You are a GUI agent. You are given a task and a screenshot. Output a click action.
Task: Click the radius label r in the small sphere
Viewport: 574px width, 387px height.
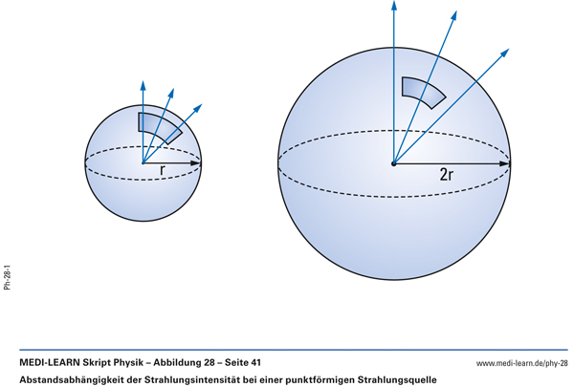163,170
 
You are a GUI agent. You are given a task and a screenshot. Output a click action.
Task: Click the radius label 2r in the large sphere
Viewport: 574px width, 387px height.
446,175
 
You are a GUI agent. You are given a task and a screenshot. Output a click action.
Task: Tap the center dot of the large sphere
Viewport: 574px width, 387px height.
394,163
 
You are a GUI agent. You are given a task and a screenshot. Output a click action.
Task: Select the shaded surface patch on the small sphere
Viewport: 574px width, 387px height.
160,128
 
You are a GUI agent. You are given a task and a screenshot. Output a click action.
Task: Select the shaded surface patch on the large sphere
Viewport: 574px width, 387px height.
424,93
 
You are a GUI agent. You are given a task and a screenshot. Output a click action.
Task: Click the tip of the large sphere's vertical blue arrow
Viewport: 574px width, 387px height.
394,1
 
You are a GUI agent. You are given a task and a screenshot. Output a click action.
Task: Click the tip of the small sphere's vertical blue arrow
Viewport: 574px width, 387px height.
143,80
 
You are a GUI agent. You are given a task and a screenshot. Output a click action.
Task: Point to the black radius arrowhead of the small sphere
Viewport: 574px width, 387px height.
196,162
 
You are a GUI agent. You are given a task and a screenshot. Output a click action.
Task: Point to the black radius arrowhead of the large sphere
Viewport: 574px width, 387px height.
505,163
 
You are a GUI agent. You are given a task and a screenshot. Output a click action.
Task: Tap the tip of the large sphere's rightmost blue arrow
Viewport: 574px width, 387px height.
509,49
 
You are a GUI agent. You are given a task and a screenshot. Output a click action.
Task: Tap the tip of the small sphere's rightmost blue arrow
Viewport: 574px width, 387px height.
202,104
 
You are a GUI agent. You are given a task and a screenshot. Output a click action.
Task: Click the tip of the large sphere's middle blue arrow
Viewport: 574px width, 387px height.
457,11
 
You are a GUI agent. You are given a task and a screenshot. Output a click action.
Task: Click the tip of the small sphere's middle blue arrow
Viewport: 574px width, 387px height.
173,88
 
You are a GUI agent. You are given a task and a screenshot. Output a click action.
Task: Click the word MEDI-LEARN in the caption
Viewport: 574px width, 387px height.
50,363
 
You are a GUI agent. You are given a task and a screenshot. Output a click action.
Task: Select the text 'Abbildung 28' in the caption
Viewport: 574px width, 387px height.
184,363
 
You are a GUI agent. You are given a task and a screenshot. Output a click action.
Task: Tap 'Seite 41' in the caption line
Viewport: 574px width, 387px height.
243,363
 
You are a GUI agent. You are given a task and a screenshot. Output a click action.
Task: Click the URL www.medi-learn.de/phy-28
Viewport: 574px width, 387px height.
522,363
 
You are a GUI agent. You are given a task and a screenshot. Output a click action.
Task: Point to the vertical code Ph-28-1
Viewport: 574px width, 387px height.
8,278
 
